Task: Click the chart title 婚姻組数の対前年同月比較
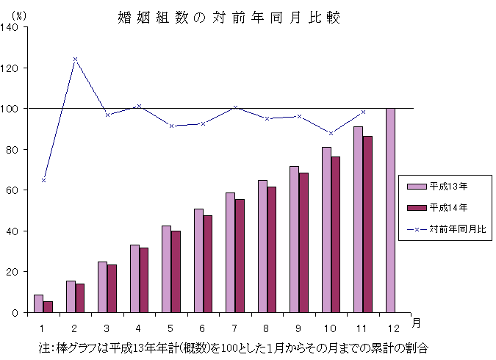229,16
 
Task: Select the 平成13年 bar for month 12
390,210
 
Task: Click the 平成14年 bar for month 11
367,224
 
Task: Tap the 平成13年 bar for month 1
38,303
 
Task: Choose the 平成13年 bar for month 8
262,246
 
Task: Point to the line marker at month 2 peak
75,59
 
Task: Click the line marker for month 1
43,180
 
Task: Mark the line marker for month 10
331,133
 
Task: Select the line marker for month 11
363,112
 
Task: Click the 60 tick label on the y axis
15,190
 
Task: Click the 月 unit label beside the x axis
416,323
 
